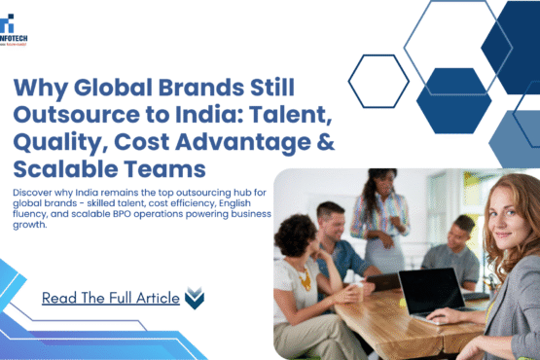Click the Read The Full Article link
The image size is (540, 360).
(x=110, y=298)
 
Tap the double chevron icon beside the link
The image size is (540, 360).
(x=194, y=298)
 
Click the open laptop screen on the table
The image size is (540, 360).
(x=430, y=291)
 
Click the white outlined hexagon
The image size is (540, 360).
(x=378, y=81)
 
